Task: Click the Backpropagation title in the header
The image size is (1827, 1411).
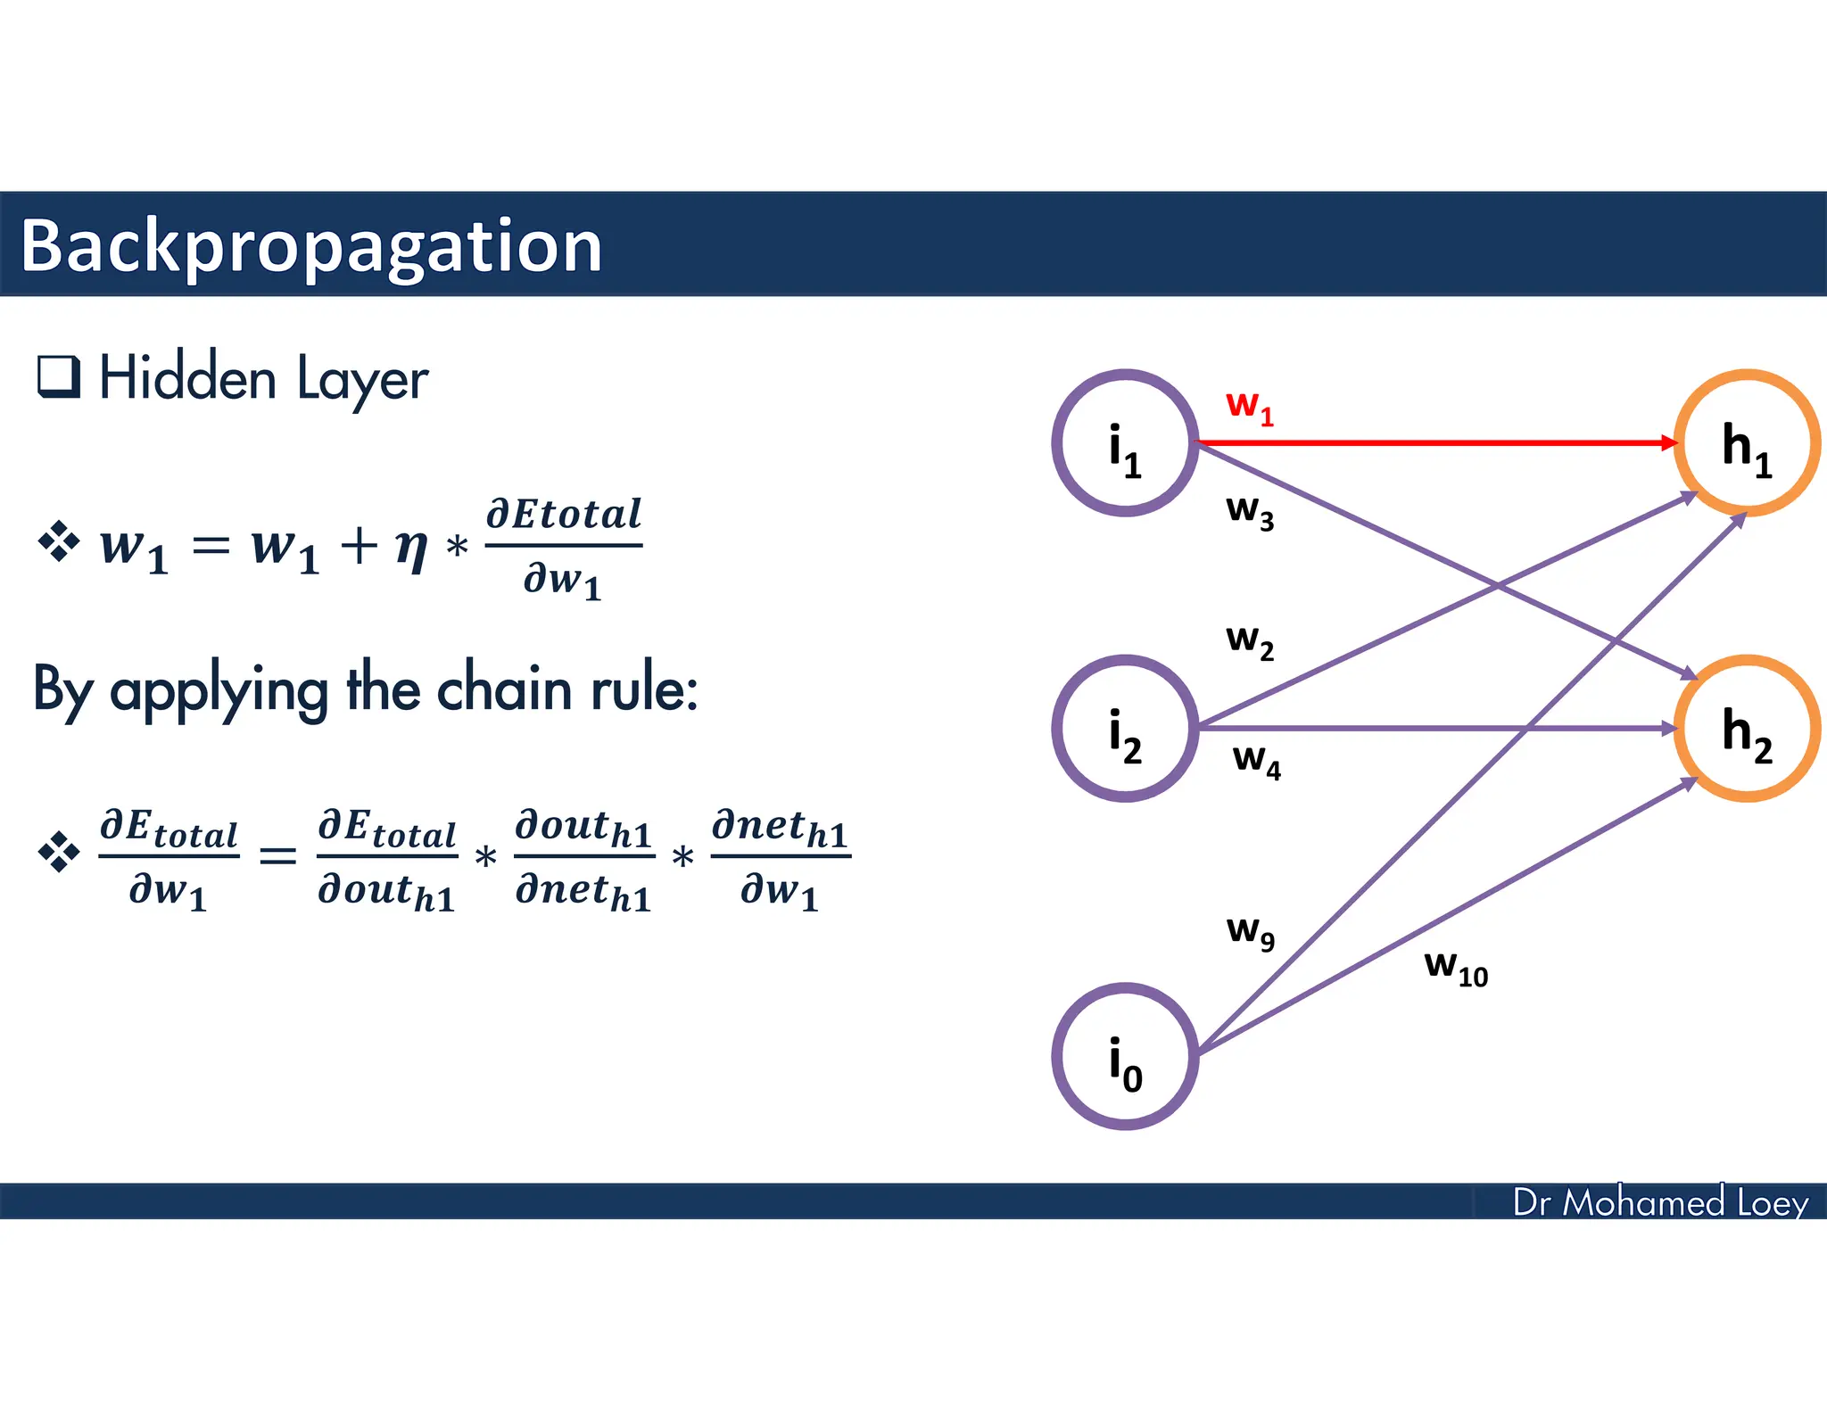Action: pyautogui.click(x=310, y=246)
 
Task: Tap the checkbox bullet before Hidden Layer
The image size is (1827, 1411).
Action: pyautogui.click(x=59, y=376)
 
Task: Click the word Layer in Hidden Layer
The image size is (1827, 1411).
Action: pyautogui.click(x=361, y=380)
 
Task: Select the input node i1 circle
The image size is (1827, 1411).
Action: pyautogui.click(x=1125, y=443)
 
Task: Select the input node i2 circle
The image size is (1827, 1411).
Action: pyautogui.click(x=1125, y=729)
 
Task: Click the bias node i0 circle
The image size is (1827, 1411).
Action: pyautogui.click(x=1125, y=1056)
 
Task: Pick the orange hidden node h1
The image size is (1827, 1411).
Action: pyautogui.click(x=1746, y=443)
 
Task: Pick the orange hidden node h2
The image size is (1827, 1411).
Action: pyautogui.click(x=1746, y=729)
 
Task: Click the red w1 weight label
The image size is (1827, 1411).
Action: pyautogui.click(x=1249, y=407)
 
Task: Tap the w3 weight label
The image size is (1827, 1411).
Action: pyautogui.click(x=1249, y=512)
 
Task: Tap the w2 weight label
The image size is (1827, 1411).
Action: pyautogui.click(x=1249, y=641)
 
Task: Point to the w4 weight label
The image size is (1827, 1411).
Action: pyautogui.click(x=1256, y=761)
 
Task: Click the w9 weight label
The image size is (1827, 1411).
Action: pyautogui.click(x=1250, y=932)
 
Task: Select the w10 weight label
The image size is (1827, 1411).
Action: pyautogui.click(x=1455, y=968)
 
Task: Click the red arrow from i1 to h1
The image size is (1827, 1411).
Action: pyautogui.click(x=1436, y=442)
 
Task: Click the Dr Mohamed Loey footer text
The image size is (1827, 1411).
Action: pyautogui.click(x=1659, y=1202)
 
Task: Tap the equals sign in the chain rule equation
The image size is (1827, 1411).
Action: pyautogui.click(x=277, y=857)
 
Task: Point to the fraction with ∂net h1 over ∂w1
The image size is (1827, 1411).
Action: pyautogui.click(x=781, y=858)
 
